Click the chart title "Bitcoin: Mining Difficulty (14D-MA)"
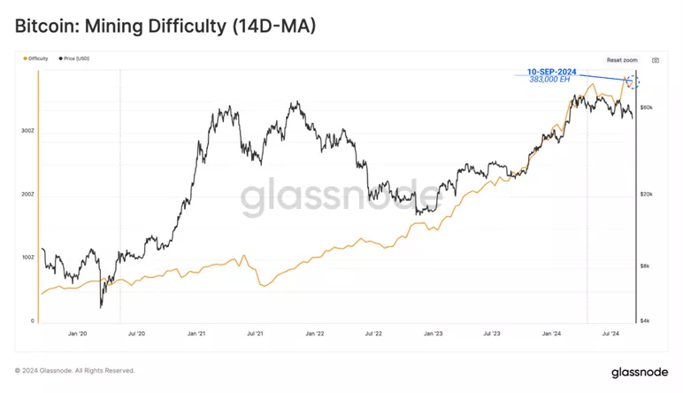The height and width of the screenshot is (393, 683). click(165, 27)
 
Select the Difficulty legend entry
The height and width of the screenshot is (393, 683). click(37, 58)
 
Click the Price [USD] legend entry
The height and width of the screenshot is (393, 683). click(74, 58)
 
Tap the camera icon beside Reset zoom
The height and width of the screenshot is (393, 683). click(656, 60)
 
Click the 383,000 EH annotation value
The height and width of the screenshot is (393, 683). click(549, 79)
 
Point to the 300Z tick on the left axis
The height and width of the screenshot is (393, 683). click(27, 130)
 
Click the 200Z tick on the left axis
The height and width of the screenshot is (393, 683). click(27, 194)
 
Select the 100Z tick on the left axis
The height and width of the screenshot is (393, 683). click(27, 258)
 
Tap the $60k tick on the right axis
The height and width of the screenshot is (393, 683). click(647, 107)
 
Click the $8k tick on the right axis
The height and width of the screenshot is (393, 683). click(647, 266)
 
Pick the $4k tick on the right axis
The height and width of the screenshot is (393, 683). click(647, 320)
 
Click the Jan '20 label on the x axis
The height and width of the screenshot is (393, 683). click(77, 334)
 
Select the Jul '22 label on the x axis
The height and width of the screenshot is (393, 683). click(373, 334)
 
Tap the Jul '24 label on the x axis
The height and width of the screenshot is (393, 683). click(610, 334)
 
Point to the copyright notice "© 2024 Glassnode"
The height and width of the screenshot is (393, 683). click(75, 370)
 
